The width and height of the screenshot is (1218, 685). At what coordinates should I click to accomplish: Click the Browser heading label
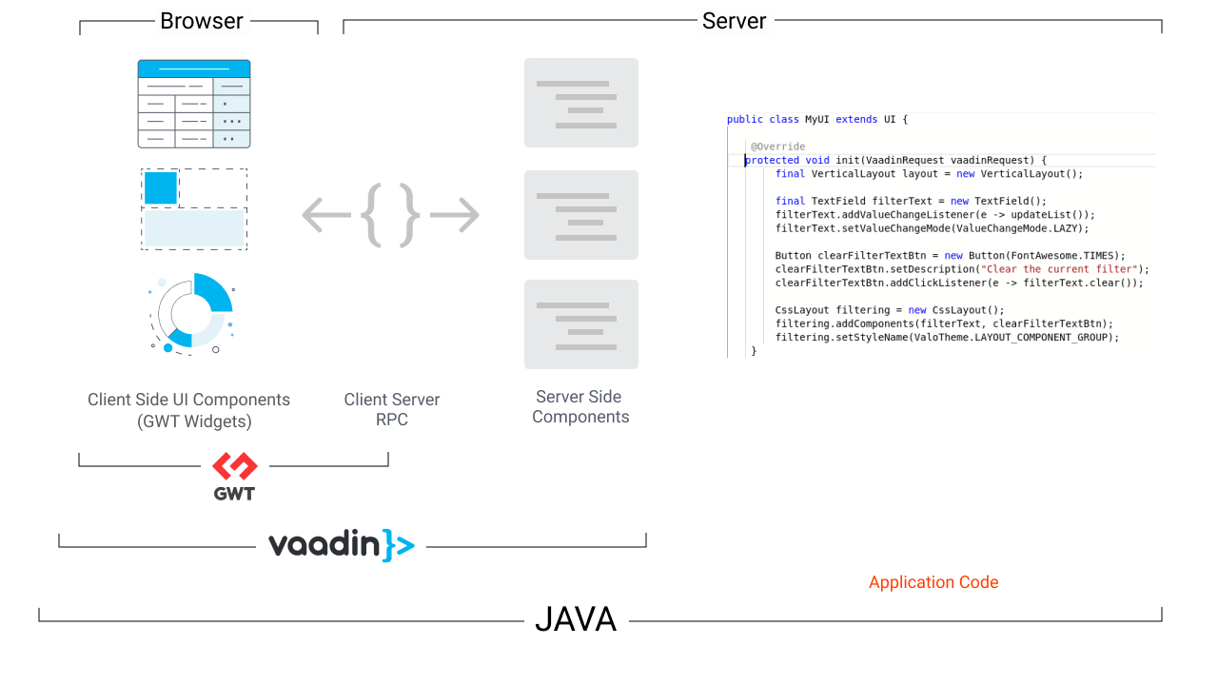click(201, 21)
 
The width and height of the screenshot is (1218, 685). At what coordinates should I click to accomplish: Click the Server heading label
click(734, 21)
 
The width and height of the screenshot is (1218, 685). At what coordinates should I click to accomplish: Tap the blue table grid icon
click(194, 104)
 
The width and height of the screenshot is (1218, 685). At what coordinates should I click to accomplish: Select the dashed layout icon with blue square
click(194, 209)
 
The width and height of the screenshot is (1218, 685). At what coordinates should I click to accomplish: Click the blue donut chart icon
click(194, 313)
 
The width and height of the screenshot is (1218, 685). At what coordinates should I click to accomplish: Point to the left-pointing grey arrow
click(326, 215)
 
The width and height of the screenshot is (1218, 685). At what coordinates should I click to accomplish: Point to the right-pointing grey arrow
click(455, 215)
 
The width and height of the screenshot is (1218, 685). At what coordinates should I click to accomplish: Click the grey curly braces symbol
click(390, 215)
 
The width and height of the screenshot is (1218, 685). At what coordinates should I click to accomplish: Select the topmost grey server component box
click(580, 103)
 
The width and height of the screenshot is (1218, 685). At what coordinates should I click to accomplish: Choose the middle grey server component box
click(580, 215)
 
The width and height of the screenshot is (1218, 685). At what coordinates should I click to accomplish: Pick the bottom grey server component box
click(580, 324)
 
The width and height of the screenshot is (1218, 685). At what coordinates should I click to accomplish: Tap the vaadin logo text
click(341, 545)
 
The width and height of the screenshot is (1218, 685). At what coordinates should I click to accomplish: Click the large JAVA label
click(576, 620)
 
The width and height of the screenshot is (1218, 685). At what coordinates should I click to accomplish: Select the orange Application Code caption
click(933, 582)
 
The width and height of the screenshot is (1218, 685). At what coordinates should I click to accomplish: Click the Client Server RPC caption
click(392, 410)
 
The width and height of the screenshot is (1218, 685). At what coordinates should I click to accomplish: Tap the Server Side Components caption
click(580, 407)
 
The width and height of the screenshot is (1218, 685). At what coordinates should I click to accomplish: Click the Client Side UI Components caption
click(188, 410)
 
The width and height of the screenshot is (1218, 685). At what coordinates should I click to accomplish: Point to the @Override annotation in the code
click(777, 147)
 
